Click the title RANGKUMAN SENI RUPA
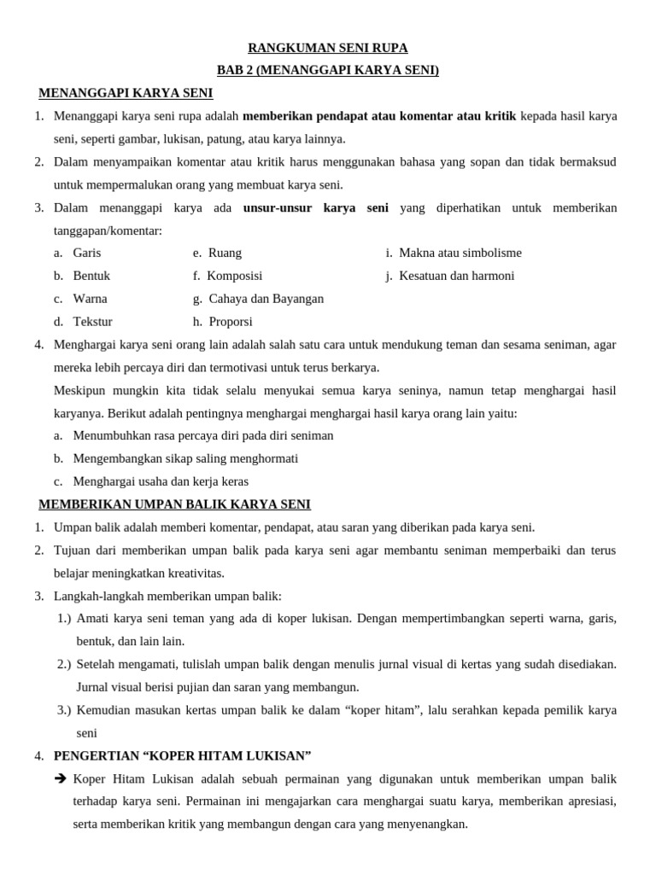pos(328,48)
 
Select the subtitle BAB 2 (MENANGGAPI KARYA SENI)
pos(328,70)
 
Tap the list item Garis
pos(87,253)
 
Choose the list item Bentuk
pos(91,276)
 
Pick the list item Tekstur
pos(92,322)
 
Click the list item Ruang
pos(225,253)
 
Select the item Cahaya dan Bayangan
pos(266,299)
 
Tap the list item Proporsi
pos(230,322)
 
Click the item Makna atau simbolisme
pos(460,253)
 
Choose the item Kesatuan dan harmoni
pos(456,276)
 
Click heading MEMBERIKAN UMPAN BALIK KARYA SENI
pos(175,504)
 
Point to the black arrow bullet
pos(61,779)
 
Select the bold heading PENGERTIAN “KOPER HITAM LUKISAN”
pos(182,755)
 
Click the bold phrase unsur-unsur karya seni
pos(316,207)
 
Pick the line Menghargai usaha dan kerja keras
pos(161,481)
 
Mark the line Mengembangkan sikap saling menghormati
pos(185,458)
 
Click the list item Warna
pos(90,299)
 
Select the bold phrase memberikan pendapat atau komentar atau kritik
pos(379,116)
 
